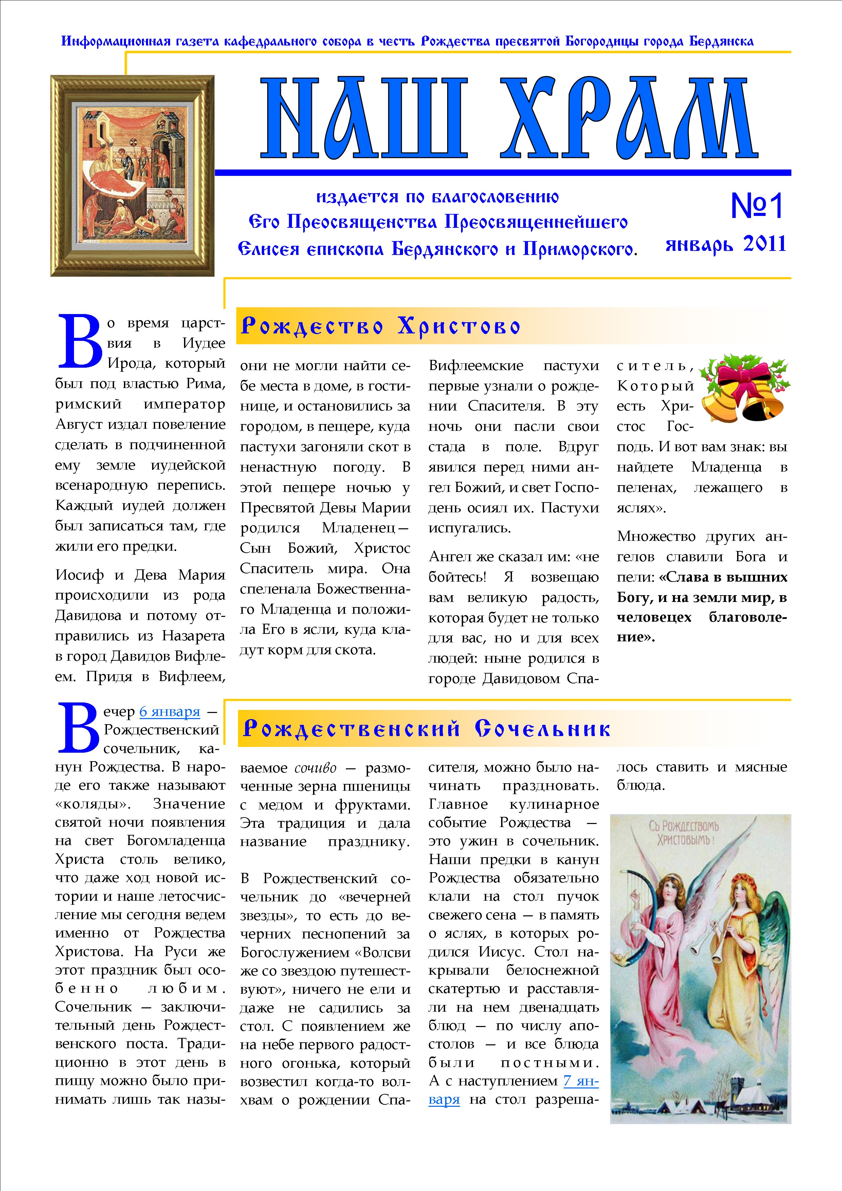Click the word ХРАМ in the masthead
coord(629,119)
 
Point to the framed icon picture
coord(132,175)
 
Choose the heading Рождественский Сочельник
coord(426,729)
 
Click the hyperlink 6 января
coord(170,711)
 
